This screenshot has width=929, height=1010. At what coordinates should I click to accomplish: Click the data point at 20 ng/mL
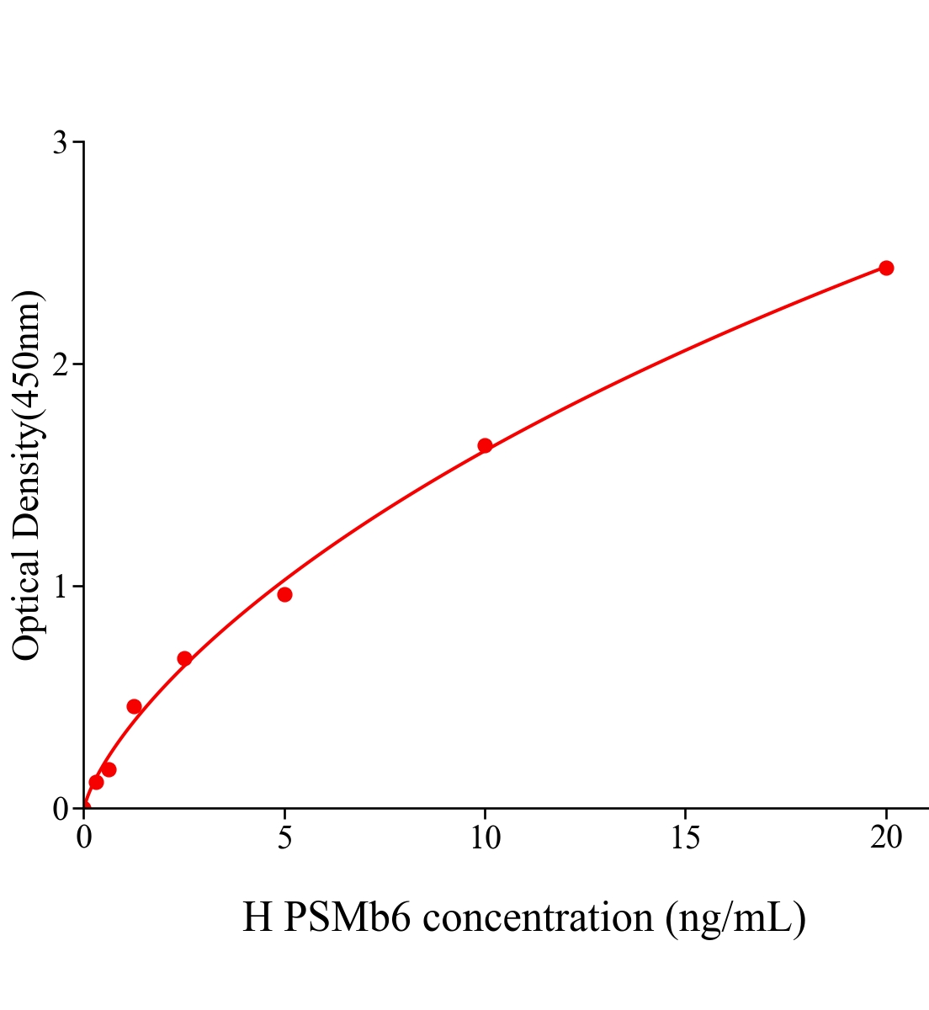click(886, 268)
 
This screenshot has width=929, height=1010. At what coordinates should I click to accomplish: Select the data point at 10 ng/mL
click(485, 445)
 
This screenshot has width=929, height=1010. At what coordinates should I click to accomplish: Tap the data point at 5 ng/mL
click(284, 594)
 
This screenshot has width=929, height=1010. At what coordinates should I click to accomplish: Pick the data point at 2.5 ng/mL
click(184, 658)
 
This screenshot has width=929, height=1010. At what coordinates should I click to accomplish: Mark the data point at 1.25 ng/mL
click(134, 706)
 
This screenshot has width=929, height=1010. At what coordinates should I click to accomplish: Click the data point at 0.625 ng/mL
click(109, 769)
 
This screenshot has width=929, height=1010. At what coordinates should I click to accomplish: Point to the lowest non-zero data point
click(96, 782)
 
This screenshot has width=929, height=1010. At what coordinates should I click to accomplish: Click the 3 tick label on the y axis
click(61, 143)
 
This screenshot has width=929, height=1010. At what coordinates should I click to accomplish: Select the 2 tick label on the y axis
click(61, 364)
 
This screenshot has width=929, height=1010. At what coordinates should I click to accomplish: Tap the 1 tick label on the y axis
click(61, 587)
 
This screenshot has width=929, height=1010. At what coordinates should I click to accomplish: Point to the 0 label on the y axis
click(61, 809)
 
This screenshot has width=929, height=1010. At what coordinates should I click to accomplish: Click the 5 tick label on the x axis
click(284, 838)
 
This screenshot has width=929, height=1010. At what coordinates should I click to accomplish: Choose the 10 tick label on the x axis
click(485, 838)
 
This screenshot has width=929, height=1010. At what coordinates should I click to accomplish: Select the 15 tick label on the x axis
click(686, 838)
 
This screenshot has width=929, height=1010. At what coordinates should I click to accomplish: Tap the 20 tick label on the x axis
click(886, 838)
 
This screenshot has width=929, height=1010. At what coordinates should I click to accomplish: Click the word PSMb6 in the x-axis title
click(347, 917)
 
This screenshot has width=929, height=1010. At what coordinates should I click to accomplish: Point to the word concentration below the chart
click(538, 917)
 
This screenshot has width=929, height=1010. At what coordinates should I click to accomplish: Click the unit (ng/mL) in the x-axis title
click(735, 917)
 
